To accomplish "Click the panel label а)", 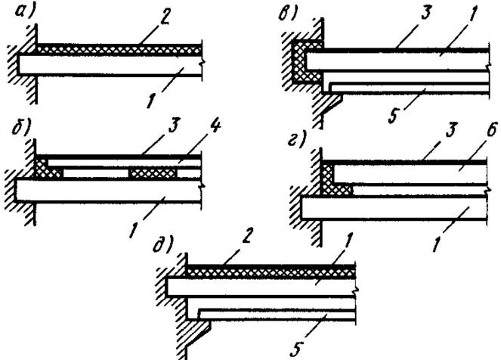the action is coord(25,14).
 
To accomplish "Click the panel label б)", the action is coord(23,129).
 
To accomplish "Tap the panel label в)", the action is coord(287,14).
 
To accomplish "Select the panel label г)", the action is coord(296,139).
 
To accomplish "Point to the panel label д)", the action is coord(162,246).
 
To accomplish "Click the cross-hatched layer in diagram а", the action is coord(119,50).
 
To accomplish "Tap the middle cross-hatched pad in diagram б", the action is coord(153,173).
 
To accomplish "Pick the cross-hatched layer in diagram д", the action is coord(271,273).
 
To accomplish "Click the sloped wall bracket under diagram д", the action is coord(197,333).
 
